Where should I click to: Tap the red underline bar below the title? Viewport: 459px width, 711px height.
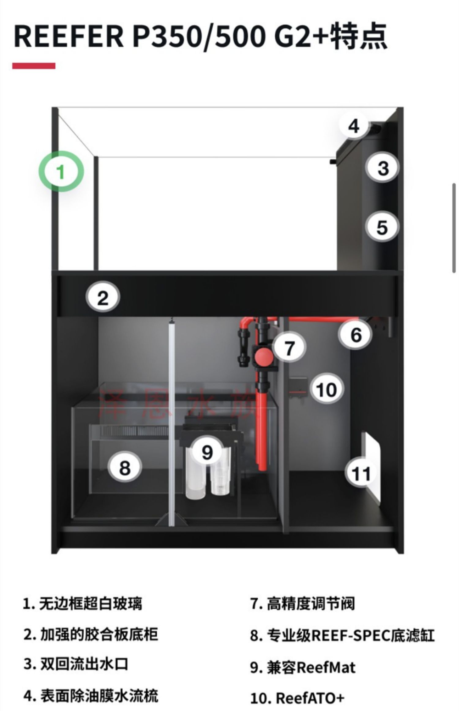34,66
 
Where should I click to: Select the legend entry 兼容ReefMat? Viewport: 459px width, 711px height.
311,668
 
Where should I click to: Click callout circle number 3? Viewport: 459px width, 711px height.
383,168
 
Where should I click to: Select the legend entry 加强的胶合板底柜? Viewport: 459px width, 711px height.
99,635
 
